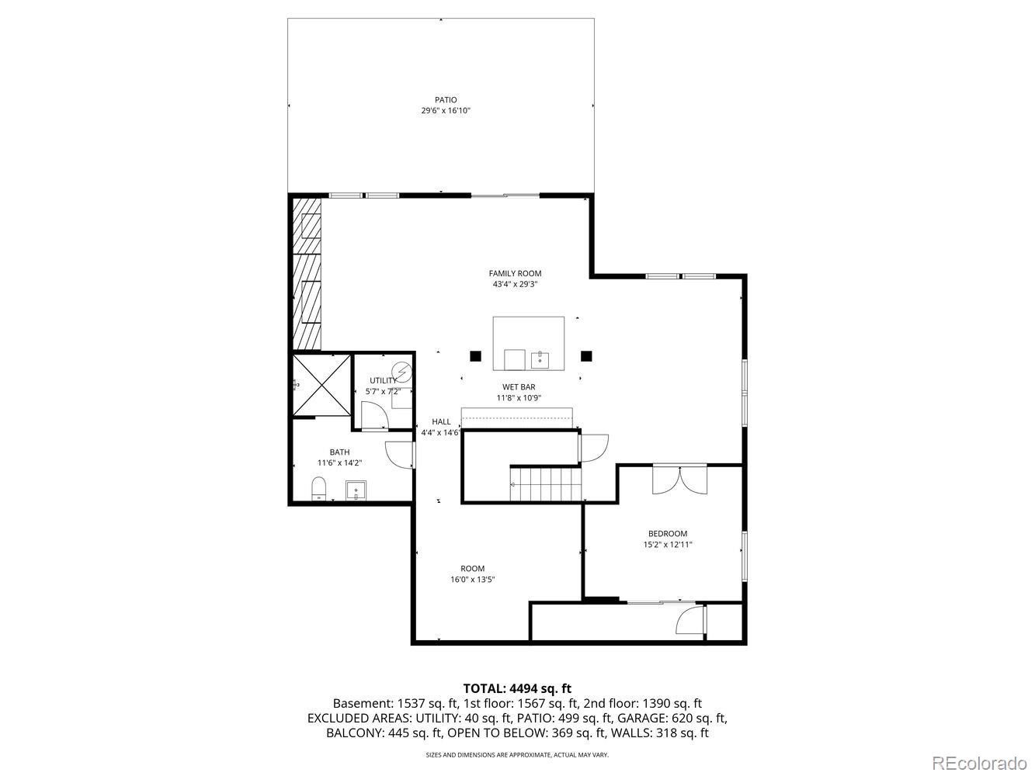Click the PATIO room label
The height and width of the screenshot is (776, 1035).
click(x=445, y=100)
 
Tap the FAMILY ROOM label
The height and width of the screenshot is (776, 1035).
click(x=515, y=273)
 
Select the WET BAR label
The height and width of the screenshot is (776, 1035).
click(x=519, y=386)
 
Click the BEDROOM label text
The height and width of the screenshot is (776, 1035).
click(x=667, y=534)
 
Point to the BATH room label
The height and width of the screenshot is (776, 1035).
click(x=339, y=452)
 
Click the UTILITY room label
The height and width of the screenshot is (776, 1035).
click(x=382, y=380)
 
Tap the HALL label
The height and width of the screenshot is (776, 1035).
click(x=441, y=422)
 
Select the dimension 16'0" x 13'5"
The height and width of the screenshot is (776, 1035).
click(x=472, y=580)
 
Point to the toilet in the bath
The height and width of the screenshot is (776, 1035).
click(x=318, y=489)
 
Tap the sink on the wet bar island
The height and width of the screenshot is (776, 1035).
click(x=540, y=359)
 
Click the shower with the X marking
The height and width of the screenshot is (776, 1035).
click(x=321, y=385)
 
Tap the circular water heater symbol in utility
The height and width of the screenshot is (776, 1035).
click(x=401, y=373)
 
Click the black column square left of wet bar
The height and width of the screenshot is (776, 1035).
click(x=474, y=356)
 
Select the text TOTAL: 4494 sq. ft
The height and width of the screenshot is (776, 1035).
click(x=516, y=688)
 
